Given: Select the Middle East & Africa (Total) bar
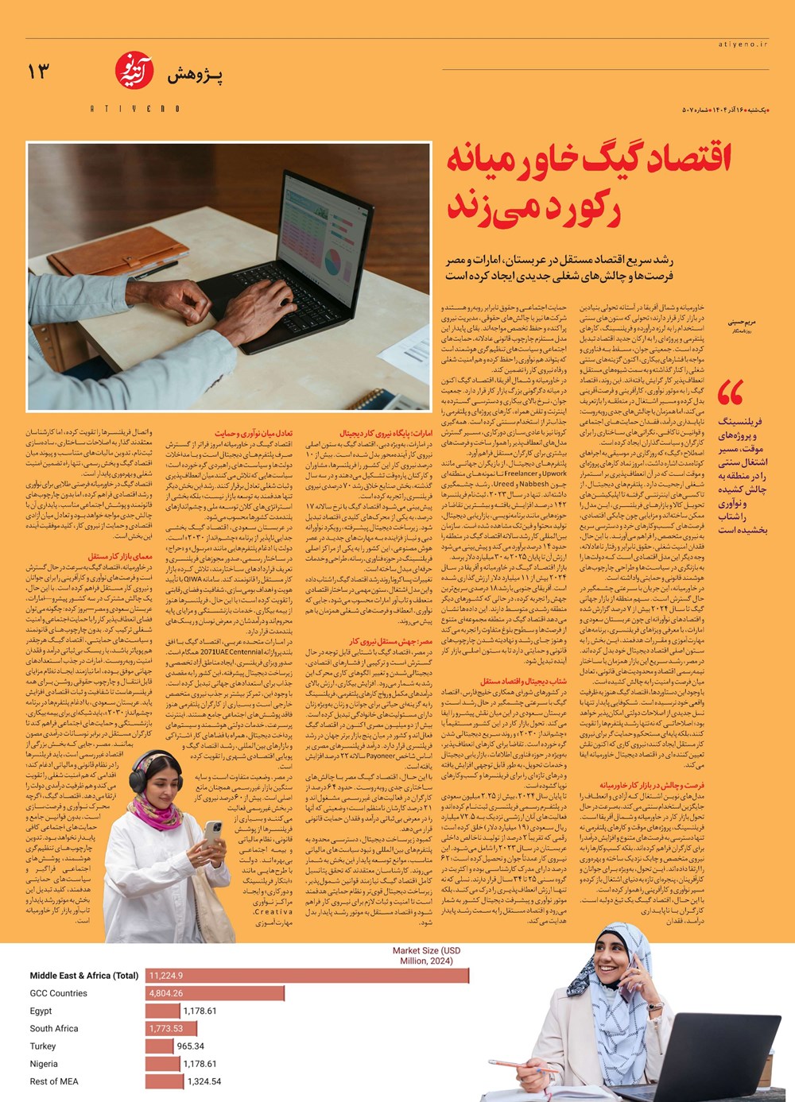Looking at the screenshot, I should (306, 976).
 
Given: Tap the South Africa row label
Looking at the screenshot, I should (54, 1029).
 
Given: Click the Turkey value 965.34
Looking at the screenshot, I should (191, 1046).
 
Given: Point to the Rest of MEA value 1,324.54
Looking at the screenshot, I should (204, 1081).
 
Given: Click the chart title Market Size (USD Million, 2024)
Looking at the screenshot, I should (426, 956).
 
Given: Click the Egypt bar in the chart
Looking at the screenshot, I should (163, 1011).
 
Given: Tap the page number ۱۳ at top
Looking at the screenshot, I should (37, 72).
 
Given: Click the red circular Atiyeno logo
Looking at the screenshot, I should (134, 71).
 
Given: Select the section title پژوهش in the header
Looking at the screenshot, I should (195, 75).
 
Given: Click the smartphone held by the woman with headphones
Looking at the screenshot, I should (213, 832).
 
